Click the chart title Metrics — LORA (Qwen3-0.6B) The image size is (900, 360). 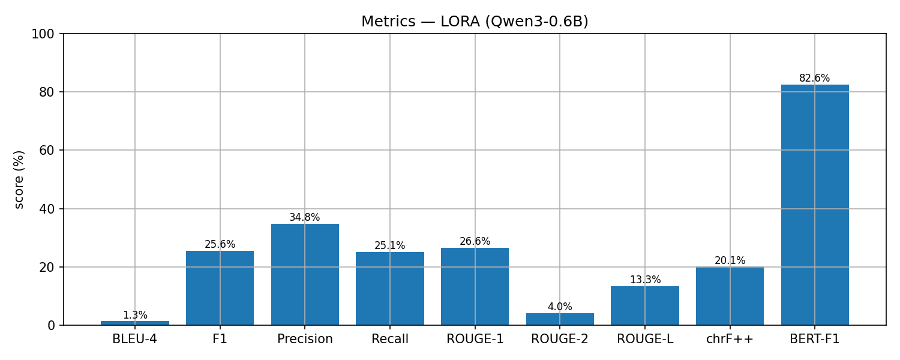pos(475,22)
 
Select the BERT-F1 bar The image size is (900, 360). pos(815,205)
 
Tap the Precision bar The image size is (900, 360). pos(305,274)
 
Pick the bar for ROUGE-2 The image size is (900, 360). pos(560,319)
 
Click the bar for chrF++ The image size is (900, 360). pos(730,296)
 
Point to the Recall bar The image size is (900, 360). pos(390,289)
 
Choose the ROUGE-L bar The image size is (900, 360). pos(645,305)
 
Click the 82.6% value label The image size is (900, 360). pos(815,79)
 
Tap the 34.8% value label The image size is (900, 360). pos(305,218)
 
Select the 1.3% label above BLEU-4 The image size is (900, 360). pos(135,316)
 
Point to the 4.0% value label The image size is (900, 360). pos(560,307)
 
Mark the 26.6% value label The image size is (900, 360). pos(475,242)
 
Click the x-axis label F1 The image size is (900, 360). pos(220,340)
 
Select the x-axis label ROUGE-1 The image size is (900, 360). pos(475,340)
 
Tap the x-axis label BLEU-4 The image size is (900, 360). pos(135,340)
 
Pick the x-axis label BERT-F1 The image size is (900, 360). pos(815,340)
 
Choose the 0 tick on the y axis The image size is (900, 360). pos(51,326)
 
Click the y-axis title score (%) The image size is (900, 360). pos(19,179)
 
